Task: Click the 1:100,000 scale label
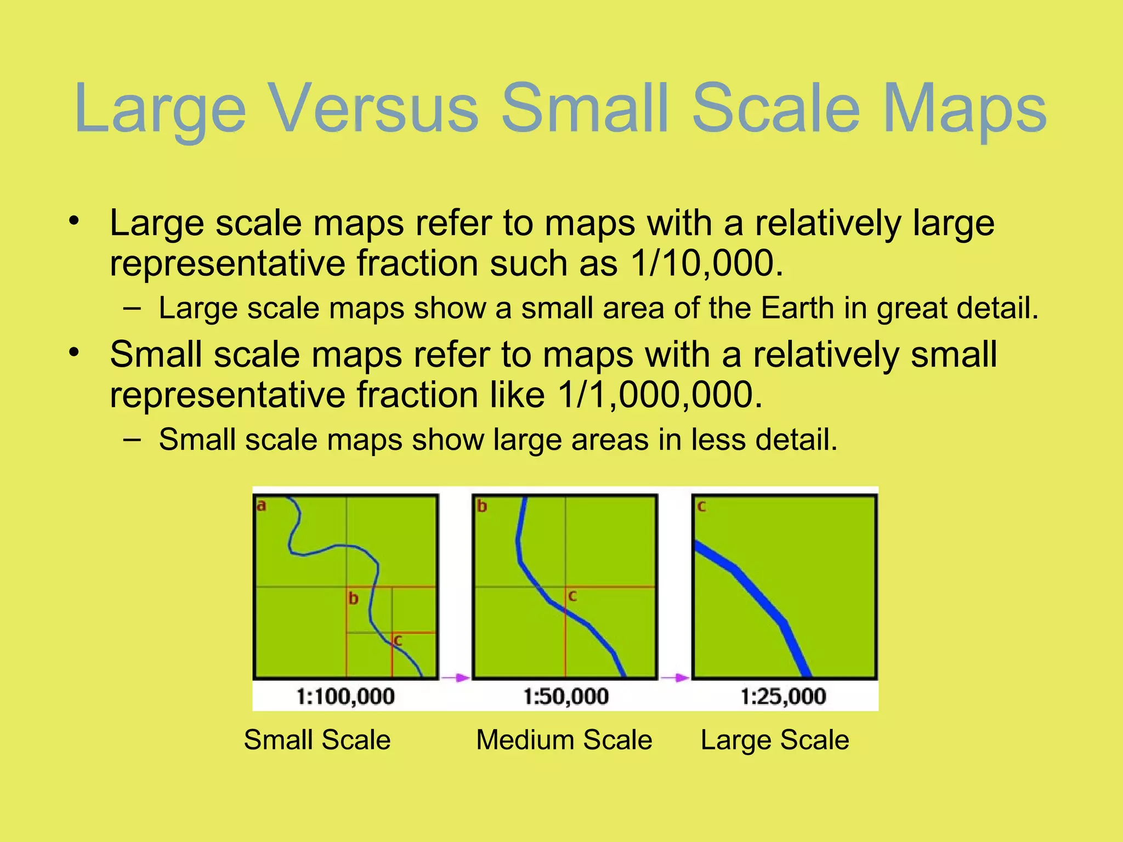(345, 697)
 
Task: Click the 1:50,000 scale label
(566, 697)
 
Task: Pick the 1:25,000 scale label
(783, 697)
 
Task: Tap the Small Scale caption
(317, 740)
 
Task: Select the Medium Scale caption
(564, 740)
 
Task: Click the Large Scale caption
(775, 740)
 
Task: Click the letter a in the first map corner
(262, 505)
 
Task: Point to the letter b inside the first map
(354, 598)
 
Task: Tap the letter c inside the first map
(398, 640)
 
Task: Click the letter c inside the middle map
(572, 596)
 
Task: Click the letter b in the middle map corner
(482, 506)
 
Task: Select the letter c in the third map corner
(701, 506)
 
